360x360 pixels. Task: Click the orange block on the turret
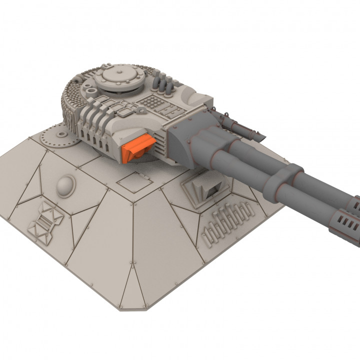click(138, 148)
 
